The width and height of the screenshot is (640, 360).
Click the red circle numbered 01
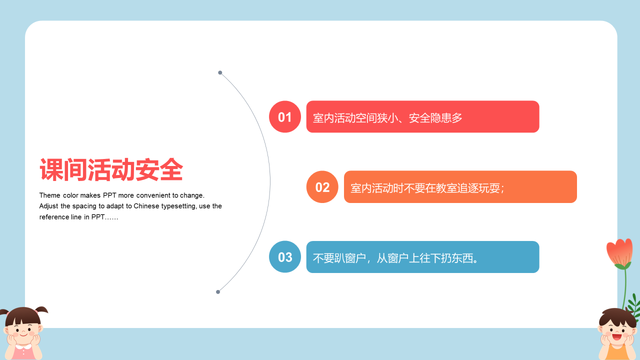pyautogui.click(x=285, y=116)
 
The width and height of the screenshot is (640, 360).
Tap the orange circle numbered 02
pyautogui.click(x=322, y=187)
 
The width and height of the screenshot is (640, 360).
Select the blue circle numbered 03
pyautogui.click(x=285, y=257)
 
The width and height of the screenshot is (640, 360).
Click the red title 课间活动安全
pyautogui.click(x=111, y=169)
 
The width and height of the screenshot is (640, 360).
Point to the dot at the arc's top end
pyautogui.click(x=220, y=72)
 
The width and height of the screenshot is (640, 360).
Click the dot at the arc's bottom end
pyautogui.click(x=218, y=292)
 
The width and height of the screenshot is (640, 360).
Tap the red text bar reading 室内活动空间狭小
pyautogui.click(x=422, y=116)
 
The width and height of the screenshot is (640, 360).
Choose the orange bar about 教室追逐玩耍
pyautogui.click(x=460, y=187)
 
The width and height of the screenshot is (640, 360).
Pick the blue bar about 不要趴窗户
pyautogui.click(x=422, y=257)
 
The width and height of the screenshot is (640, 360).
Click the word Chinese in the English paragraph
pyautogui.click(x=146, y=206)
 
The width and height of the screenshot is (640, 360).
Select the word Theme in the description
pyautogui.click(x=49, y=195)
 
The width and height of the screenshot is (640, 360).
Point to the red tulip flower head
pyautogui.click(x=619, y=252)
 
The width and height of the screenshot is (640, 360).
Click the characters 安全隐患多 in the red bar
pyautogui.click(x=435, y=117)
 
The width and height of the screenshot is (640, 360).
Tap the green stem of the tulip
pyautogui.click(x=625, y=288)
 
